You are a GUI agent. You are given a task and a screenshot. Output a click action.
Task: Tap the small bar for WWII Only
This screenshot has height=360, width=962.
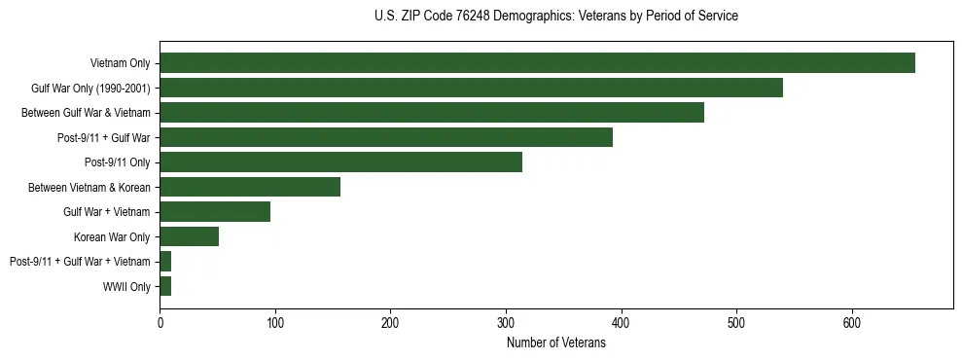(x=165, y=286)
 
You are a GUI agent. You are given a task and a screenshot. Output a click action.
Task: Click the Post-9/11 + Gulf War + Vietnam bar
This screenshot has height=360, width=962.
(x=165, y=262)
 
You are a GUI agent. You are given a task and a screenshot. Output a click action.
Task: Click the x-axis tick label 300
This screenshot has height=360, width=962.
(x=506, y=323)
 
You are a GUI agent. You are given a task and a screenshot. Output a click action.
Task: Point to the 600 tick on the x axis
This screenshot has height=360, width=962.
(x=851, y=323)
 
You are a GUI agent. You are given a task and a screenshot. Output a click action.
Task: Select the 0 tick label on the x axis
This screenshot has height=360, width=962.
(x=160, y=323)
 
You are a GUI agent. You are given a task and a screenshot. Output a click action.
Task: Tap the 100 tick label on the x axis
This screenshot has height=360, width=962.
(x=275, y=323)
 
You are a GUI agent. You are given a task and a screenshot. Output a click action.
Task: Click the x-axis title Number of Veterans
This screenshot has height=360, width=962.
(x=556, y=342)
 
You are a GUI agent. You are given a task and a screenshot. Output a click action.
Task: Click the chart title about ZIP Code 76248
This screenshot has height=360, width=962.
(x=556, y=17)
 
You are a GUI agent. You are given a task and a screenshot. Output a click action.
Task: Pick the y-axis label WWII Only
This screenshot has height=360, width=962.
(x=126, y=287)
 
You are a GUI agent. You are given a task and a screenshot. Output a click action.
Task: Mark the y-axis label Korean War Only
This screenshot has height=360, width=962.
(x=112, y=237)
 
